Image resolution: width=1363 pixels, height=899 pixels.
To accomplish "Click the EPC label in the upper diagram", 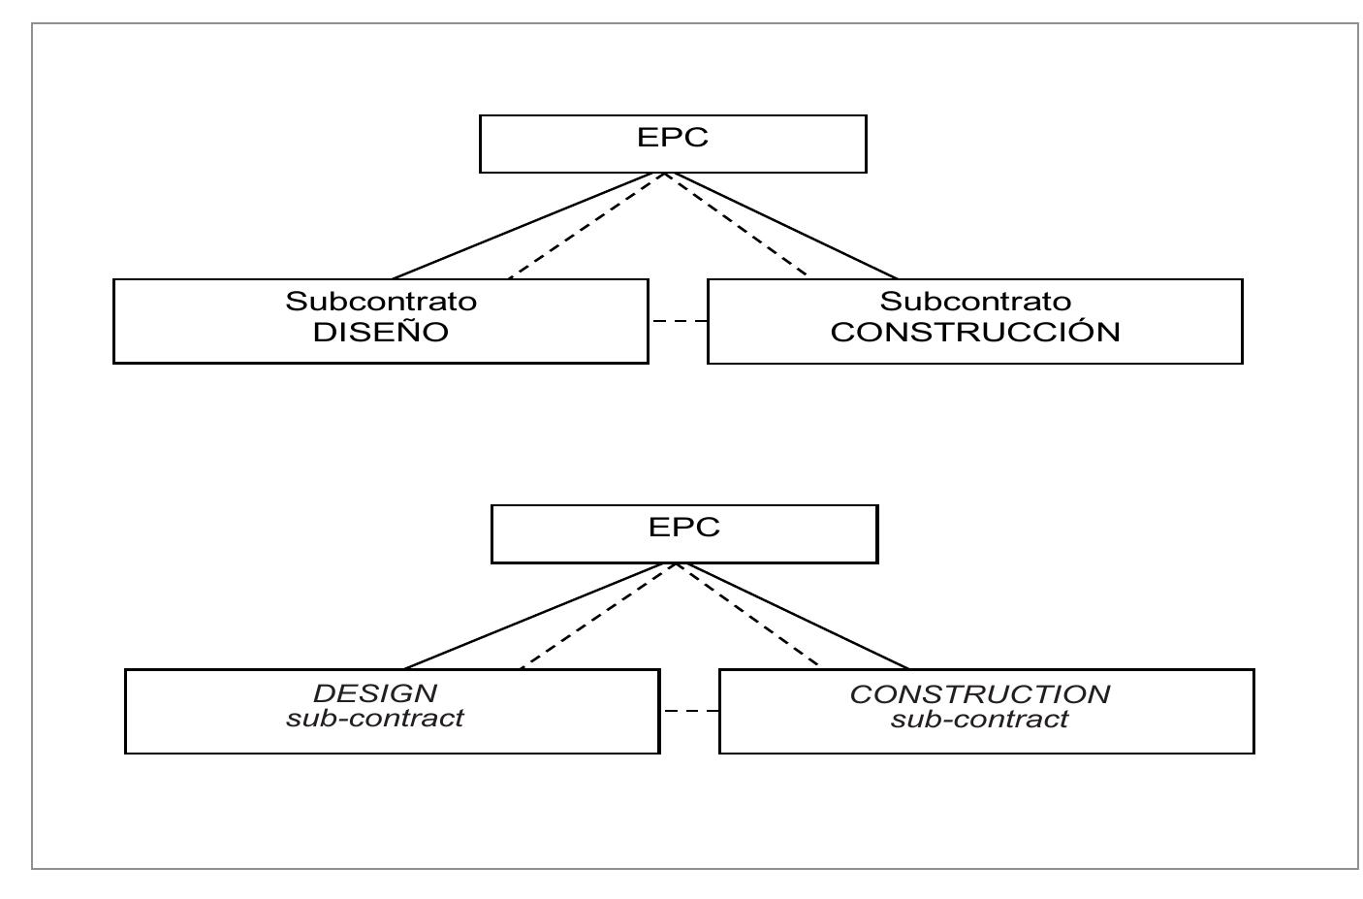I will click(x=673, y=137).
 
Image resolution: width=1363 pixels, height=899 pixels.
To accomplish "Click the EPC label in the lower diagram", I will click(x=684, y=527).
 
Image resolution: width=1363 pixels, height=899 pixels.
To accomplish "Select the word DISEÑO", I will click(x=380, y=332).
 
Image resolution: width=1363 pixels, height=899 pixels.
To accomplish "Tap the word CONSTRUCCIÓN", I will click(x=975, y=332).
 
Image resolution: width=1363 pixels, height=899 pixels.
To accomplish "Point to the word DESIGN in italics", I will click(x=375, y=692).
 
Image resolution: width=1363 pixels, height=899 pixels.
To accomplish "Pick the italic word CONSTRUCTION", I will click(x=980, y=693).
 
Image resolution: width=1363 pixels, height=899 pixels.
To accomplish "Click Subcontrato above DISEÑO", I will click(x=381, y=301).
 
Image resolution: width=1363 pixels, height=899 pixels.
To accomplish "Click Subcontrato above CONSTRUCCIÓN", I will click(x=975, y=301).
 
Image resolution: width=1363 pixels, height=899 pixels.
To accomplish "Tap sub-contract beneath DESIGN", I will click(x=375, y=719).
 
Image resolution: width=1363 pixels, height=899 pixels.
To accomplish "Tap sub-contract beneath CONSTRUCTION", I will click(x=980, y=720).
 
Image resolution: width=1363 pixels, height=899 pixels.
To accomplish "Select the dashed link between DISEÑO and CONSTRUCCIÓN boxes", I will click(x=678, y=321).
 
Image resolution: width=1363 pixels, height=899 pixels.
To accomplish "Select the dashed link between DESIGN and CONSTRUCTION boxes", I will click(x=689, y=711).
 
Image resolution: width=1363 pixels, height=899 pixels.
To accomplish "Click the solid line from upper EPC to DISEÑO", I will click(x=528, y=226).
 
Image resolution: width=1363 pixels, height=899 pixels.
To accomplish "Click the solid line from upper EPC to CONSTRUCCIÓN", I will click(x=781, y=226).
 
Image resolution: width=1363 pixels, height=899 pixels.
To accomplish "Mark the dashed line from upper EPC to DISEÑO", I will click(x=586, y=226).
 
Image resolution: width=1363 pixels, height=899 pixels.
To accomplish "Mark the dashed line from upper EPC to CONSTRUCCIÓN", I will click(x=736, y=226).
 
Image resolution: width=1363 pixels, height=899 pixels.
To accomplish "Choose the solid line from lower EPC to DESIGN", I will click(x=540, y=616).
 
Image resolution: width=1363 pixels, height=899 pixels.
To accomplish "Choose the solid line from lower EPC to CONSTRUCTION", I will click(x=793, y=616).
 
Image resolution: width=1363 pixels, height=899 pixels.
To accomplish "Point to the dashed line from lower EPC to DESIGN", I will click(x=597, y=616).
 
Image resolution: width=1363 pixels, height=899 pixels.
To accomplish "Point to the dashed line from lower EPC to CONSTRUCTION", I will click(x=747, y=616).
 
